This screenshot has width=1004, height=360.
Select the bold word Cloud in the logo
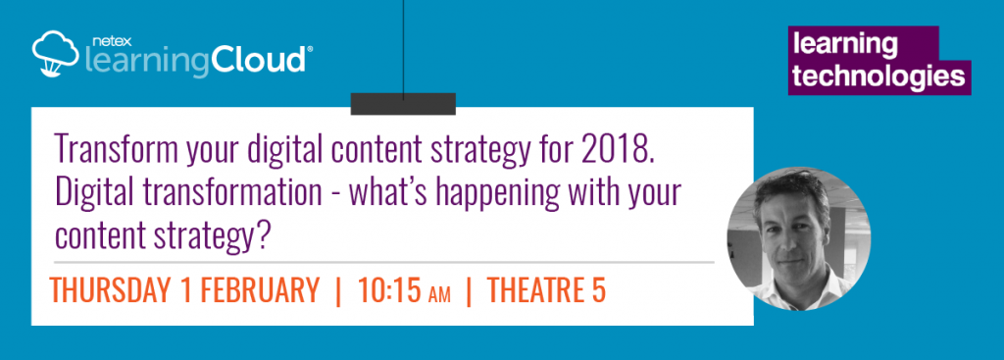click(x=259, y=60)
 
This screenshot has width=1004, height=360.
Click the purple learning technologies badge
click(x=879, y=60)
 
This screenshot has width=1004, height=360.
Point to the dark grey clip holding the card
click(x=403, y=104)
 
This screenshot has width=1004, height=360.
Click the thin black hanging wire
click(x=403, y=49)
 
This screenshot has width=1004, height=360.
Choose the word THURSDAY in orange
click(x=113, y=290)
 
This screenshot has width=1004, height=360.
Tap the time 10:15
click(x=388, y=290)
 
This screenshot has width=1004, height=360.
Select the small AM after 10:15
click(x=438, y=294)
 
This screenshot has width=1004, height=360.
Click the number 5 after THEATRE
click(x=598, y=290)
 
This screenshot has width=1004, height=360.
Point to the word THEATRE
click(x=534, y=290)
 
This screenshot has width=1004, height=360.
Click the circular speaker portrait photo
click(x=798, y=239)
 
